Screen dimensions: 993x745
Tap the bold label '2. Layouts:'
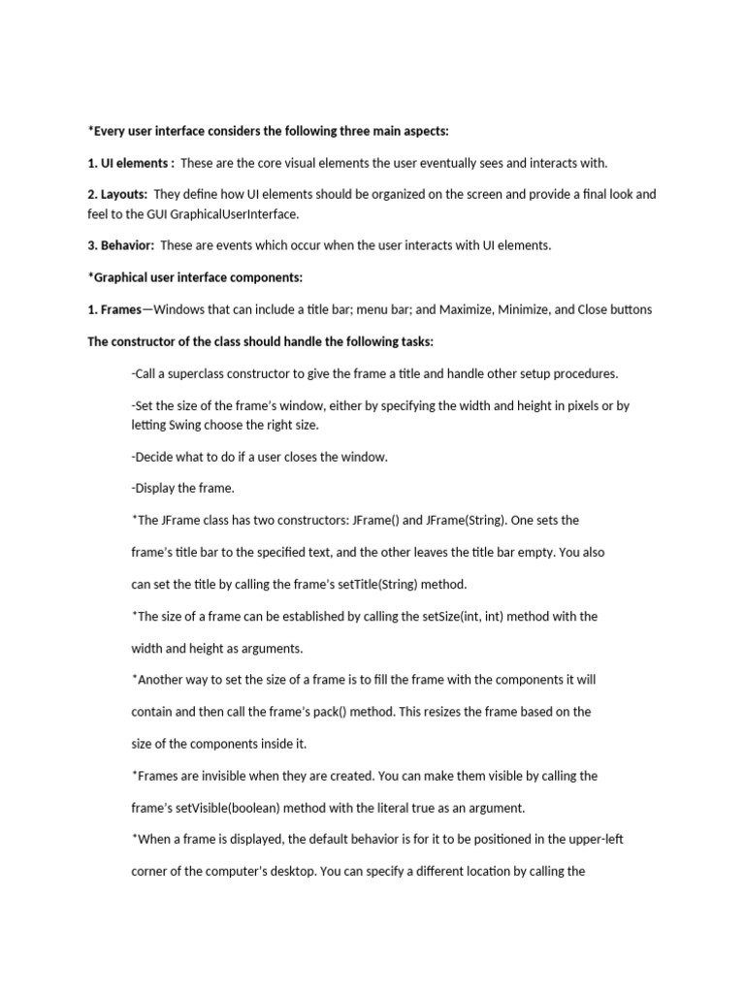coord(117,194)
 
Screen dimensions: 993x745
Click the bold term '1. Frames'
coord(114,309)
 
